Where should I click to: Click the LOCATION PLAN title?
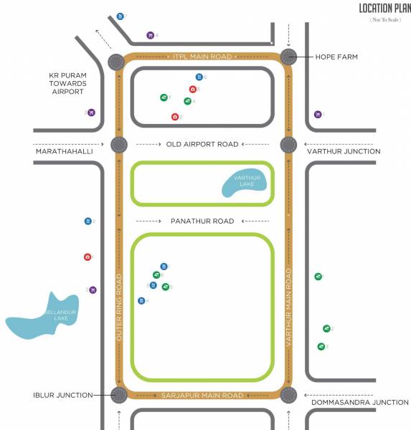coord(384,9)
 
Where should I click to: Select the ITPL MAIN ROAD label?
coord(202,57)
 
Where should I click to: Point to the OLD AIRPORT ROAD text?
coord(202,144)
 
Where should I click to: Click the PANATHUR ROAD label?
coord(202,221)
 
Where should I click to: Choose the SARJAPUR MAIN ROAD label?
coord(203,395)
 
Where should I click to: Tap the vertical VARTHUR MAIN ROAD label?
coord(289,308)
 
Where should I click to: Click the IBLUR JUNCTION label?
coord(62,395)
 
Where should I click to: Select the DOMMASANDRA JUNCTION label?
coord(359,403)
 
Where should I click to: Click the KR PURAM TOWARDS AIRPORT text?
coord(67,83)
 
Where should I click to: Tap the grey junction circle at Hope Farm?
coord(289,57)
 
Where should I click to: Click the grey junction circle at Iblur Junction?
coord(119,394)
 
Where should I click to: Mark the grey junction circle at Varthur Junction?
coord(288,145)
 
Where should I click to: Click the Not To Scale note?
coord(385,20)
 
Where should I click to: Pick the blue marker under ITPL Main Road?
coord(199,77)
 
